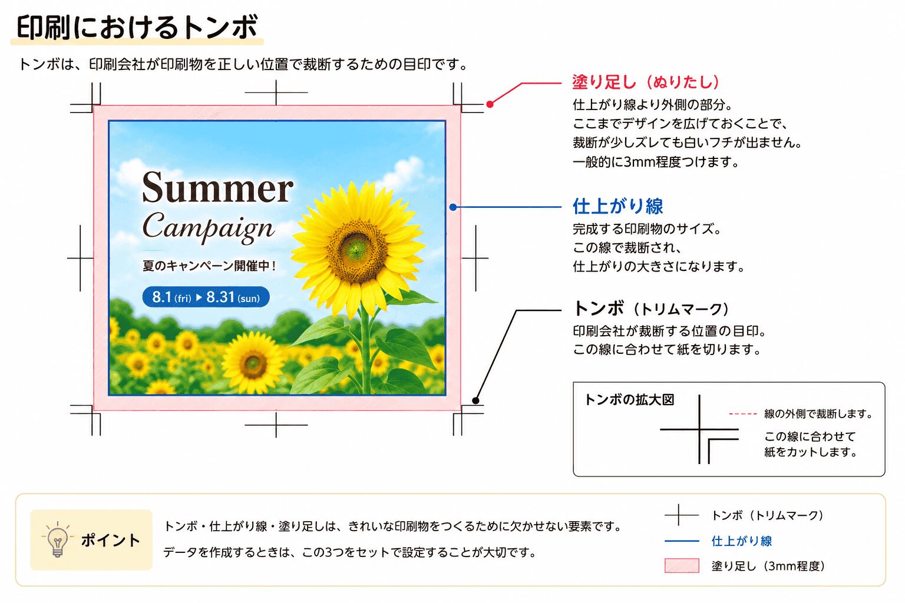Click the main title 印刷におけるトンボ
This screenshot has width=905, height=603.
137,27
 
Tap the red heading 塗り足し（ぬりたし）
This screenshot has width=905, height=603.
646,82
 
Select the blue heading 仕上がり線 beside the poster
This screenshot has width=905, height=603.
617,206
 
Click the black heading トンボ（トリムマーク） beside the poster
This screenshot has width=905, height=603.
652,309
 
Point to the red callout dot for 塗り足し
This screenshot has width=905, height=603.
490,104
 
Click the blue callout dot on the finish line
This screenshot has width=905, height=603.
453,207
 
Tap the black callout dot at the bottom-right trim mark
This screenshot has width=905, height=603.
476,400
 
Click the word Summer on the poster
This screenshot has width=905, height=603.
218,188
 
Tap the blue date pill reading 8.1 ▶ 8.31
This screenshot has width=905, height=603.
206,297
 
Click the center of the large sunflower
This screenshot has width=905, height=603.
356,250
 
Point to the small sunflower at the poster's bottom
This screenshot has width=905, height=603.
252,362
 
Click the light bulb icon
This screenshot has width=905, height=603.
57,540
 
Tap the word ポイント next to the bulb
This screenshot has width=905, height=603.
111,541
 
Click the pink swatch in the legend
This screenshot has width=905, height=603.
682,565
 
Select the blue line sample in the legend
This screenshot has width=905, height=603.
682,541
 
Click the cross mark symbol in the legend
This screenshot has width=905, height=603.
679,515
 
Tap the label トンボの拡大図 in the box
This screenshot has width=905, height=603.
629,400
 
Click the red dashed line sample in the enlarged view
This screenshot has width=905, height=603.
742,413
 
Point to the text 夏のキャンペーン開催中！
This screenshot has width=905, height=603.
209,266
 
